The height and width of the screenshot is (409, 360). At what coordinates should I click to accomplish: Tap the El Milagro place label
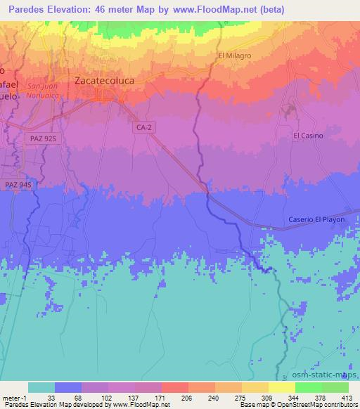pyautogui.click(x=234, y=56)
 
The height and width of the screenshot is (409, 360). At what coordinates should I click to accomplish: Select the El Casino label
pyautogui.click(x=308, y=136)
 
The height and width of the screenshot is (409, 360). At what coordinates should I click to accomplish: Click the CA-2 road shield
pyautogui.click(x=143, y=128)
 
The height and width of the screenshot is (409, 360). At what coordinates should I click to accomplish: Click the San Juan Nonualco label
pyautogui.click(x=41, y=91)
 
